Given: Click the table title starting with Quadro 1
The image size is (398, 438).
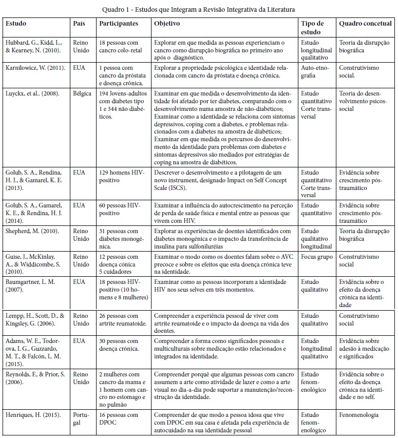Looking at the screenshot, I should coord(199,9).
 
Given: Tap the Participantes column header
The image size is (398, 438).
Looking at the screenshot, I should coord(119,24).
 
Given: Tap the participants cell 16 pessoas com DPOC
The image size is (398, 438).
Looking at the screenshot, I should coord(119,418).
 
